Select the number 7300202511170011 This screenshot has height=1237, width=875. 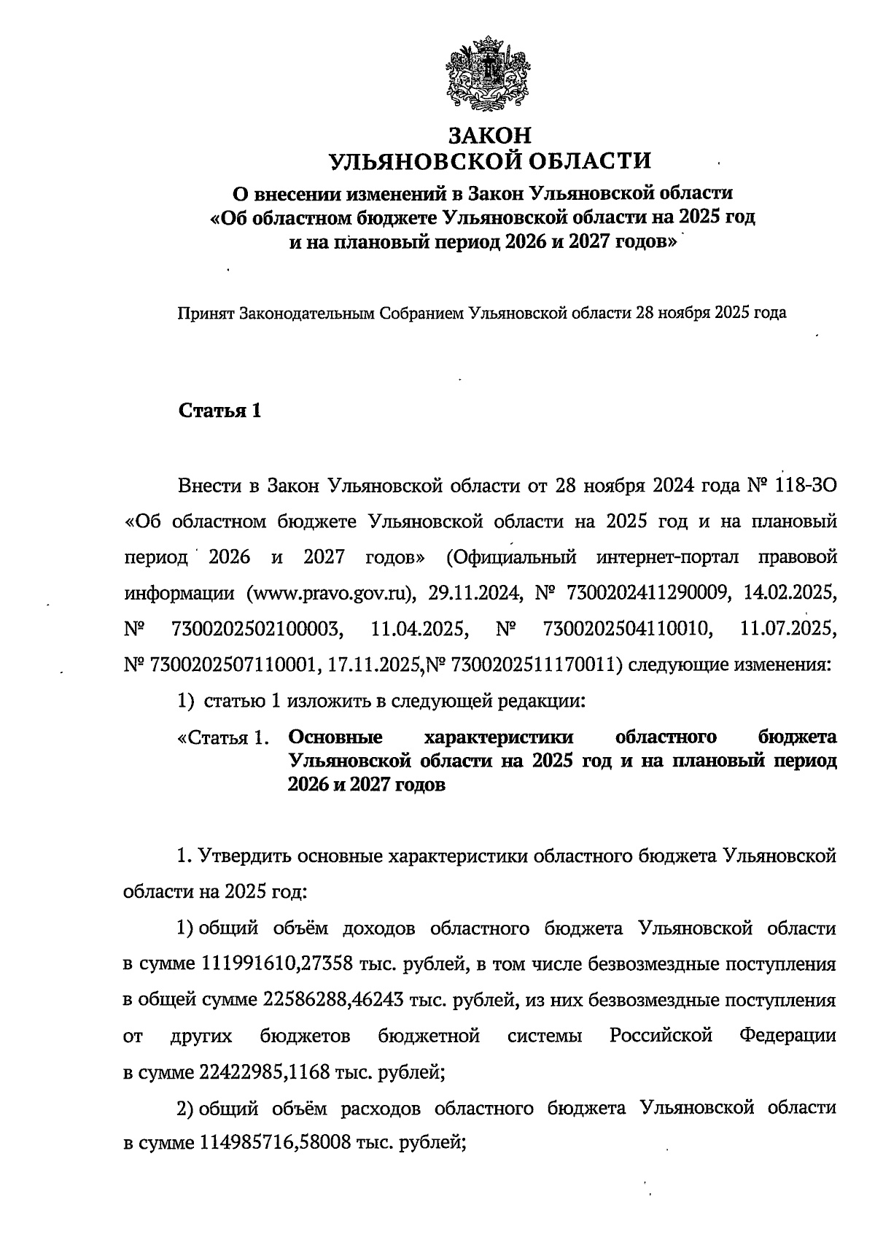pyautogui.click(x=536, y=664)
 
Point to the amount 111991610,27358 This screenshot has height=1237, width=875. pyautogui.click(x=276, y=963)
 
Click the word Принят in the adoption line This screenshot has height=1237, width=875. pyautogui.click(x=202, y=314)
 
